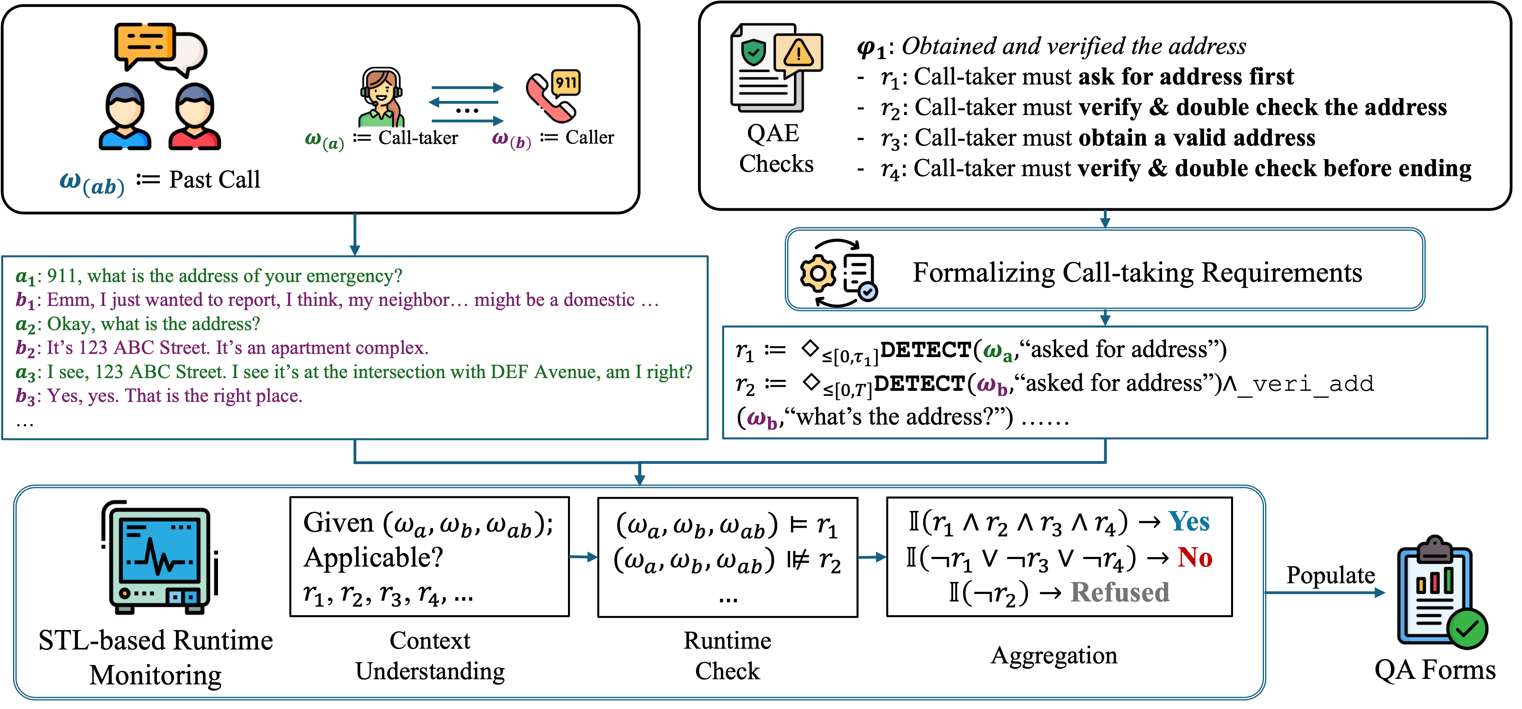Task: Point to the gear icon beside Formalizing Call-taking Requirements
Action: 818,273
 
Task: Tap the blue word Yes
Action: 1189,522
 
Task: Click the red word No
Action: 1194,557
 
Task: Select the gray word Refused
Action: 1120,592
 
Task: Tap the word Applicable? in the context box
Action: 373,557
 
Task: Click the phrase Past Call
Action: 214,180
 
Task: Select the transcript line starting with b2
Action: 222,348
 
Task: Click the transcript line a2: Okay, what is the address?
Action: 138,324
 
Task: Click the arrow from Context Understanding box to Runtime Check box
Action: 583,557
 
